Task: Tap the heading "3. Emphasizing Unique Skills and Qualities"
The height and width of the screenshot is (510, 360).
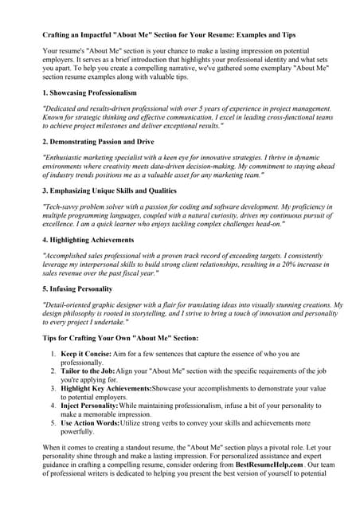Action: (110, 191)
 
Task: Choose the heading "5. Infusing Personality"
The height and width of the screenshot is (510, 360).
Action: (77, 288)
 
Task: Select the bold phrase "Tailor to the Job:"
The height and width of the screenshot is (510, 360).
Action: (89, 371)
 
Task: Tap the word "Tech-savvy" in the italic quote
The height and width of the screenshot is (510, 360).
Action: (63, 206)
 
